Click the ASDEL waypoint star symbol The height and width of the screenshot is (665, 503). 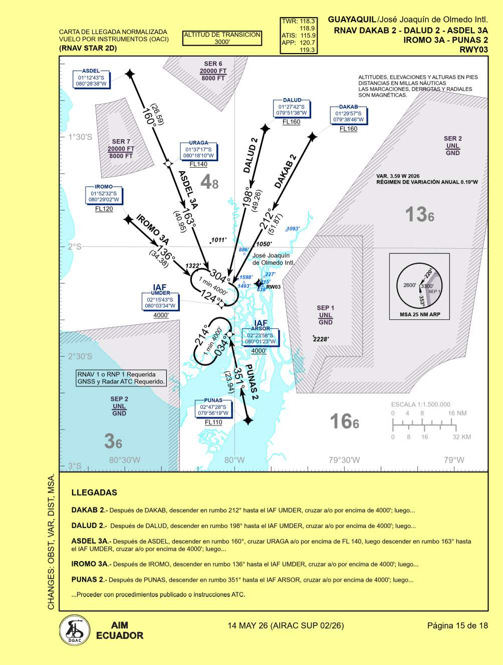tap(130, 74)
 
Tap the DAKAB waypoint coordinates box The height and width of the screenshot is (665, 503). tap(349, 117)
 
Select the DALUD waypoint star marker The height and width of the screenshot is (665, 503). tap(266, 128)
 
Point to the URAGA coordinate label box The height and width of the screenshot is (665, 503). tap(198, 152)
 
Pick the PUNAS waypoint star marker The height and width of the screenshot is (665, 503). tap(248, 420)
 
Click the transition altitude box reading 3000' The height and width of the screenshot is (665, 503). tap(222, 39)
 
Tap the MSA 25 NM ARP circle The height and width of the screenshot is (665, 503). tap(420, 286)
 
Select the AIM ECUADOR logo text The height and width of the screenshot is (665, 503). tap(119, 630)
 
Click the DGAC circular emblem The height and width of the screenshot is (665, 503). tap(75, 630)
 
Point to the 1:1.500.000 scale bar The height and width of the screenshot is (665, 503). tap(424, 425)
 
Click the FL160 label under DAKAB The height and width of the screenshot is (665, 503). tap(348, 129)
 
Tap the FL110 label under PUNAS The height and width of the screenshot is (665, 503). tap(213, 422)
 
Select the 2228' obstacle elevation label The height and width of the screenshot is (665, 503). tap(321, 339)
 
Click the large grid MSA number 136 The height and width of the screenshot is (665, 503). tap(419, 215)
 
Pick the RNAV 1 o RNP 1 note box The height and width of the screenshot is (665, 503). tap(121, 378)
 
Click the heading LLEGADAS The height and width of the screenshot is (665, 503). tap(94, 492)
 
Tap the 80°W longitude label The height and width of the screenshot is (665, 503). tap(234, 460)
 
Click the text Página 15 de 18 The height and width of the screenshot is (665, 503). tap(457, 625)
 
